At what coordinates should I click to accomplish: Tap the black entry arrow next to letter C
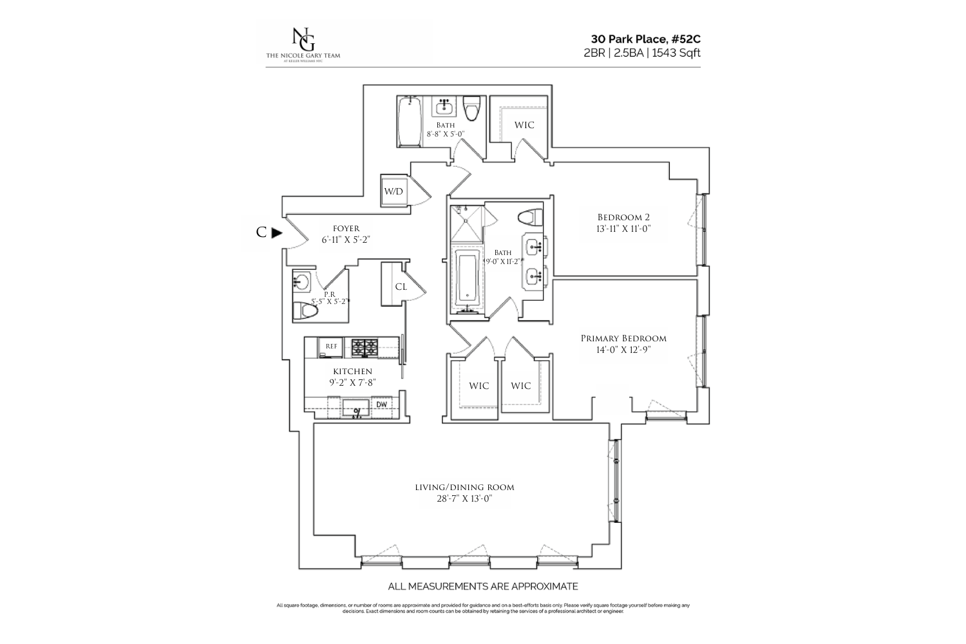point(276,233)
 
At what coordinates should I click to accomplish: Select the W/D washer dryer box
point(393,191)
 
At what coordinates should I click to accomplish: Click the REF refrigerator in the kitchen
point(331,346)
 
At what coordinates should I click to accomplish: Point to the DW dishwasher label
point(381,404)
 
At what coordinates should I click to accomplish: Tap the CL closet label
point(401,287)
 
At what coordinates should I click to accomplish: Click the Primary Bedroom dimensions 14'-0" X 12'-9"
point(623,351)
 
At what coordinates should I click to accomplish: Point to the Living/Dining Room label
point(464,488)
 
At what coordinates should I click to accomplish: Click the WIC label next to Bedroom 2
point(524,125)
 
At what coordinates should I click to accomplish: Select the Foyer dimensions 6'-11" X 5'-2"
point(346,240)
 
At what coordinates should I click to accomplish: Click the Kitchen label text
point(352,372)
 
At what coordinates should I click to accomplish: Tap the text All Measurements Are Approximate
point(482,587)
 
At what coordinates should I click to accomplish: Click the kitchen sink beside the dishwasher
point(355,407)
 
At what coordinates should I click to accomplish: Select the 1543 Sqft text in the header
point(676,53)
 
